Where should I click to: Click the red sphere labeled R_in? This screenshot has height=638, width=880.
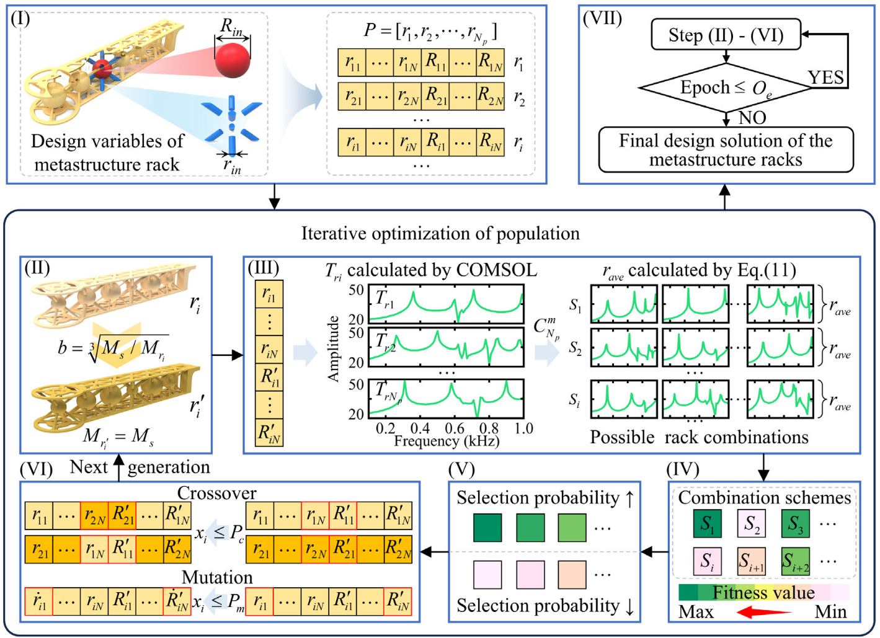232,60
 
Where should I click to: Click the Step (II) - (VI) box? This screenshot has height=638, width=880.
726,35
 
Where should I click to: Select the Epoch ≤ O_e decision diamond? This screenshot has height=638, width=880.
726,87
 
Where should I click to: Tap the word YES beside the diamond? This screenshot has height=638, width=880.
825,78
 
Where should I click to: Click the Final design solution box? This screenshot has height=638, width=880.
726,149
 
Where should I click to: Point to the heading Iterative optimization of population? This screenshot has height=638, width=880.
440,233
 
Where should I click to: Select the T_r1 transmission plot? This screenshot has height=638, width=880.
446,304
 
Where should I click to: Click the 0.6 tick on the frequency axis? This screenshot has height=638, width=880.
455,428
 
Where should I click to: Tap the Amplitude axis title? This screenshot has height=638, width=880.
333,349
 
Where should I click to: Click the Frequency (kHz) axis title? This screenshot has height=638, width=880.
447,441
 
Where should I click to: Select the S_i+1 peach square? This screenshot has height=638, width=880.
751,561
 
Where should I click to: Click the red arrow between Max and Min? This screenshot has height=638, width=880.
764,612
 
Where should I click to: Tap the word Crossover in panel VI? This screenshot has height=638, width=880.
217,493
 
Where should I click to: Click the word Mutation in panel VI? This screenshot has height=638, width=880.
217,577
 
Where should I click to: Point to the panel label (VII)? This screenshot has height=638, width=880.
602,19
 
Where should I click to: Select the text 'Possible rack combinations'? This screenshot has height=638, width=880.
700,437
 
